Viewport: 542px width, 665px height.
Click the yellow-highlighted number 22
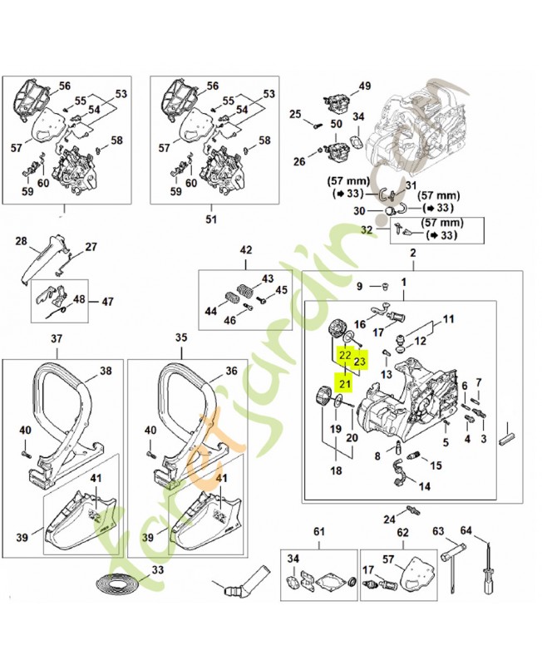click(x=343, y=355)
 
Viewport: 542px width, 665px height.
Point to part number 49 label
click(x=365, y=87)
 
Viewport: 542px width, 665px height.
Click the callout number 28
click(x=22, y=242)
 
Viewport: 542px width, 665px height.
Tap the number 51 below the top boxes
click(x=210, y=220)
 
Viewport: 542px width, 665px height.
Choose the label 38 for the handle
click(x=106, y=371)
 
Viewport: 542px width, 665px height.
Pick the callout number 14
click(x=425, y=487)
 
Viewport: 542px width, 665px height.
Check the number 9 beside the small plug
click(x=360, y=287)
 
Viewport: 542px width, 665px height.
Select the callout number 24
click(x=389, y=520)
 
